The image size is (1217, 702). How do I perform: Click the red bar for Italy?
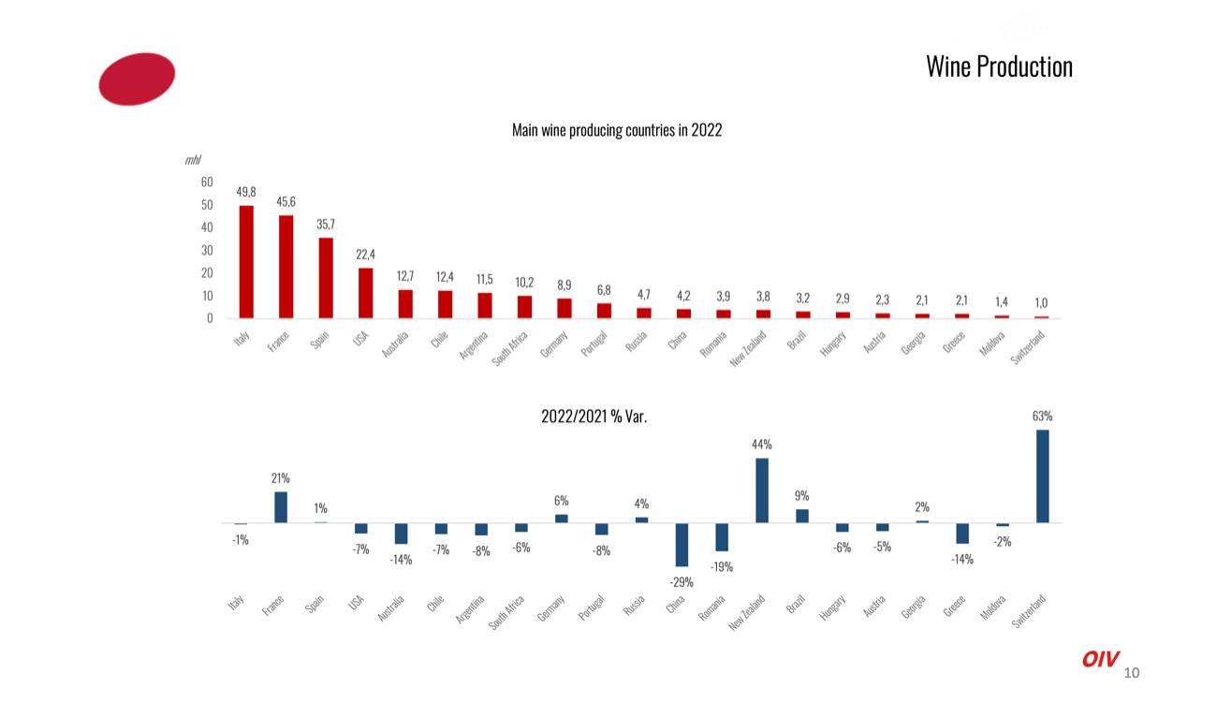(x=246, y=262)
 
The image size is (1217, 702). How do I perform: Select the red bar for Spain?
(x=326, y=278)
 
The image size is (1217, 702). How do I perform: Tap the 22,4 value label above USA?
(x=366, y=255)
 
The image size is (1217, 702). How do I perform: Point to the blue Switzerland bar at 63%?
(x=1043, y=475)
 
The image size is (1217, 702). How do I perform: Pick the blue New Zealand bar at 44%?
(x=762, y=490)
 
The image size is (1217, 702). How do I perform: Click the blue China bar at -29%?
(x=682, y=545)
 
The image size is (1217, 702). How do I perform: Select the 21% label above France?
(x=281, y=478)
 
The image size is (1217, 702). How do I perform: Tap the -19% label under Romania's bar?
(x=721, y=567)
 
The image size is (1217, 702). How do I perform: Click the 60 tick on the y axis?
(x=207, y=182)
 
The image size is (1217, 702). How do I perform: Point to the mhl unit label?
(x=193, y=160)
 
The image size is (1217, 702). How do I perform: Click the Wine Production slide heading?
(x=999, y=66)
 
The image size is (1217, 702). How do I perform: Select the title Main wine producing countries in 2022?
(x=617, y=130)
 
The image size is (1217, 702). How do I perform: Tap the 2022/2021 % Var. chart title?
(x=594, y=417)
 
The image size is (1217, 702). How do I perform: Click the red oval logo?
(x=137, y=79)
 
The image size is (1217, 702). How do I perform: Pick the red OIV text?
(x=1100, y=659)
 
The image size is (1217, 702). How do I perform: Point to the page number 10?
(x=1131, y=672)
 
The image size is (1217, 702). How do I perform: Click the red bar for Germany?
(x=565, y=308)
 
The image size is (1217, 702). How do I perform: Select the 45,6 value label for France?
(x=286, y=202)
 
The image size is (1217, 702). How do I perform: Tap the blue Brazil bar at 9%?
(x=802, y=516)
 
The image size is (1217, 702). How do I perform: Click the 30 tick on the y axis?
(x=207, y=250)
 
